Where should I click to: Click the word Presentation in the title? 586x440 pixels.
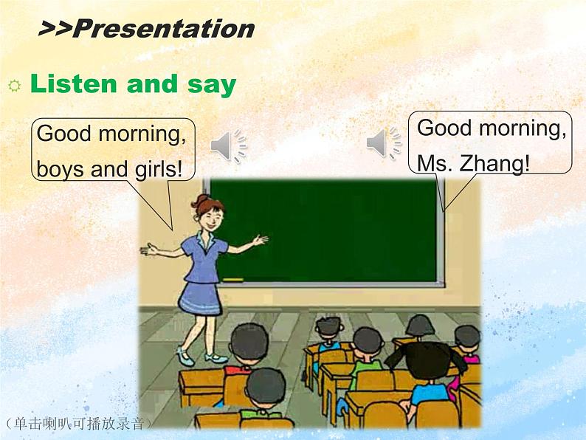(x=164, y=29)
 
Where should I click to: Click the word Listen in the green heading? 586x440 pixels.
(x=73, y=84)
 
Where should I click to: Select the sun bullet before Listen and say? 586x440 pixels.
(x=13, y=86)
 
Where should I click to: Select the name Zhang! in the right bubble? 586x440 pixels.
(x=496, y=164)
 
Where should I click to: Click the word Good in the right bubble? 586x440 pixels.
(x=444, y=128)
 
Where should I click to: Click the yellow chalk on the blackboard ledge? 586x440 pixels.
(x=232, y=280)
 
